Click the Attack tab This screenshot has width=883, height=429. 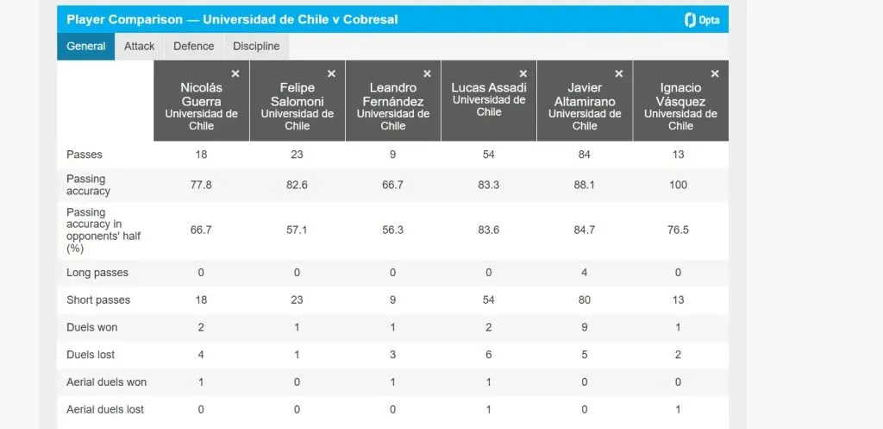pos(139,47)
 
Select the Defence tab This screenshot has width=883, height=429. pos(193,47)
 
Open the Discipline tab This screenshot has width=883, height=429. pos(256,47)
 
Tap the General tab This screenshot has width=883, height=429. pos(86,47)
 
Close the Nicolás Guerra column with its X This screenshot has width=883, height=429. pos(235,74)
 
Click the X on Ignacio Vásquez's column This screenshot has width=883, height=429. pos(714,74)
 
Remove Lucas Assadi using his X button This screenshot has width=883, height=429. pos(523,74)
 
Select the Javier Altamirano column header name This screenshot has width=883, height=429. pos(584,93)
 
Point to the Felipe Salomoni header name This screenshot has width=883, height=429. pos(297,93)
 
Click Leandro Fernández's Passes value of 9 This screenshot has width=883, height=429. pos(392,155)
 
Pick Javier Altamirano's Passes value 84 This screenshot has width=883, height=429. pos(584,155)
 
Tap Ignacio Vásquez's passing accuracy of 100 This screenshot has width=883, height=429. pos(679,185)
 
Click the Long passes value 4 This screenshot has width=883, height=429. pos(584,273)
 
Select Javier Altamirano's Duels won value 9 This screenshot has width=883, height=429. pos(584,328)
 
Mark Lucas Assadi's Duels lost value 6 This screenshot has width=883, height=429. pos(488,355)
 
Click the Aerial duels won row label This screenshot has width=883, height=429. pos(106,382)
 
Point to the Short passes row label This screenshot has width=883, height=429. pos(97,300)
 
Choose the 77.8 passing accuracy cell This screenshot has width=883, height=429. pos(201,185)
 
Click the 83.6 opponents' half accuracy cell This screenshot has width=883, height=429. pos(488,230)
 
